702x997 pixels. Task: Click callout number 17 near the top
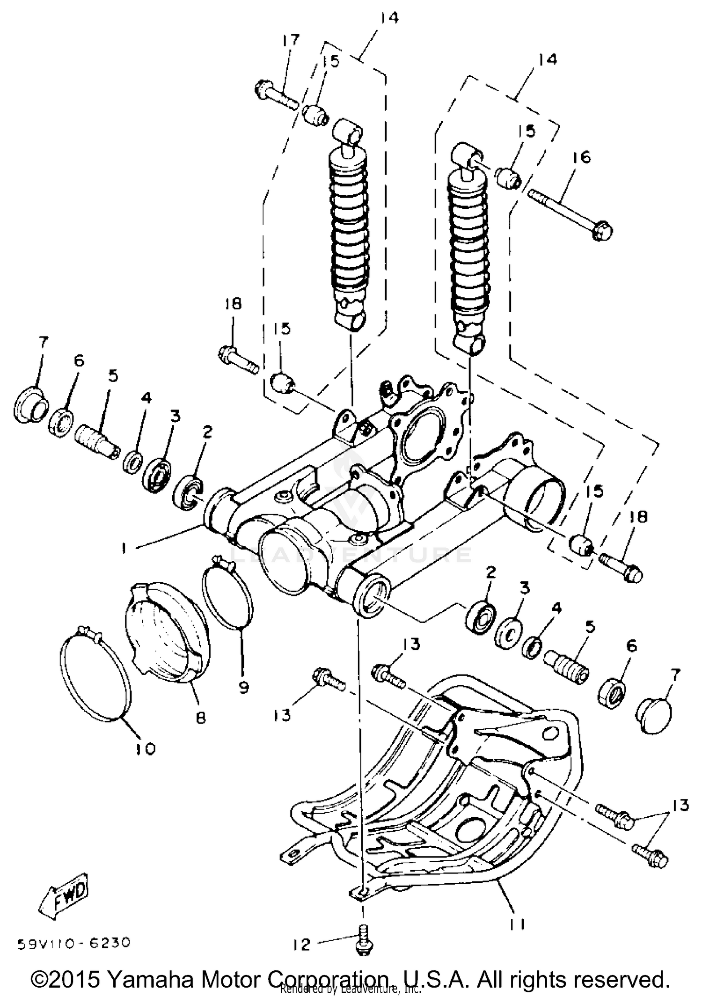291,41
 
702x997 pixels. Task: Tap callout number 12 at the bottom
302,944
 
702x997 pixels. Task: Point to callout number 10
145,749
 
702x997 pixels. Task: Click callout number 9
243,687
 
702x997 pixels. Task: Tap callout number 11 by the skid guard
517,924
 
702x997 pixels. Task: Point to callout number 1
124,548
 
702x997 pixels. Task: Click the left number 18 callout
233,304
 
